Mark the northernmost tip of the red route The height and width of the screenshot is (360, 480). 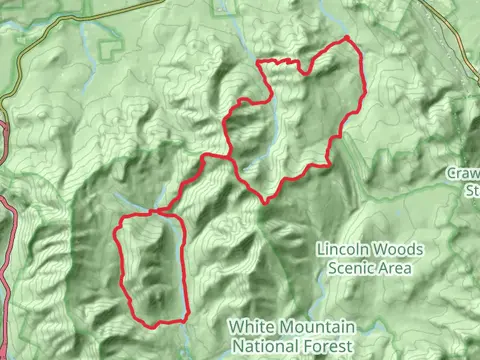347,38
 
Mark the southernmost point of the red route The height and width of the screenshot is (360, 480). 155,324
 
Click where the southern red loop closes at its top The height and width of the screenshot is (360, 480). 155,212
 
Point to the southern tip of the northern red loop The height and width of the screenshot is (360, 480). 265,201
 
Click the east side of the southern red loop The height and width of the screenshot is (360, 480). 185,270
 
